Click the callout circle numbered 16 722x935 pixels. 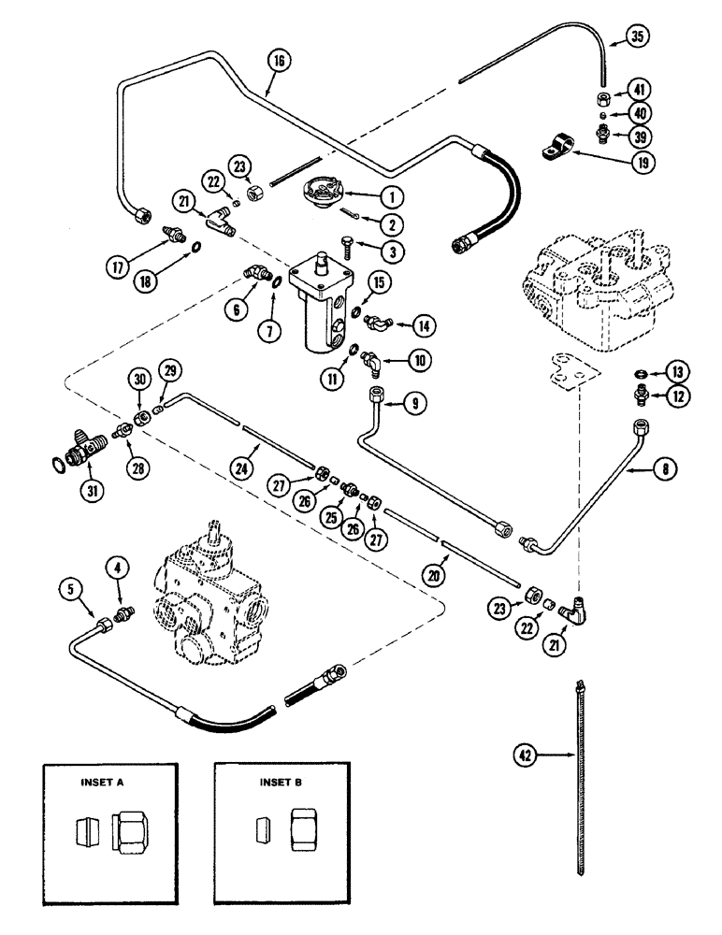click(279, 64)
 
